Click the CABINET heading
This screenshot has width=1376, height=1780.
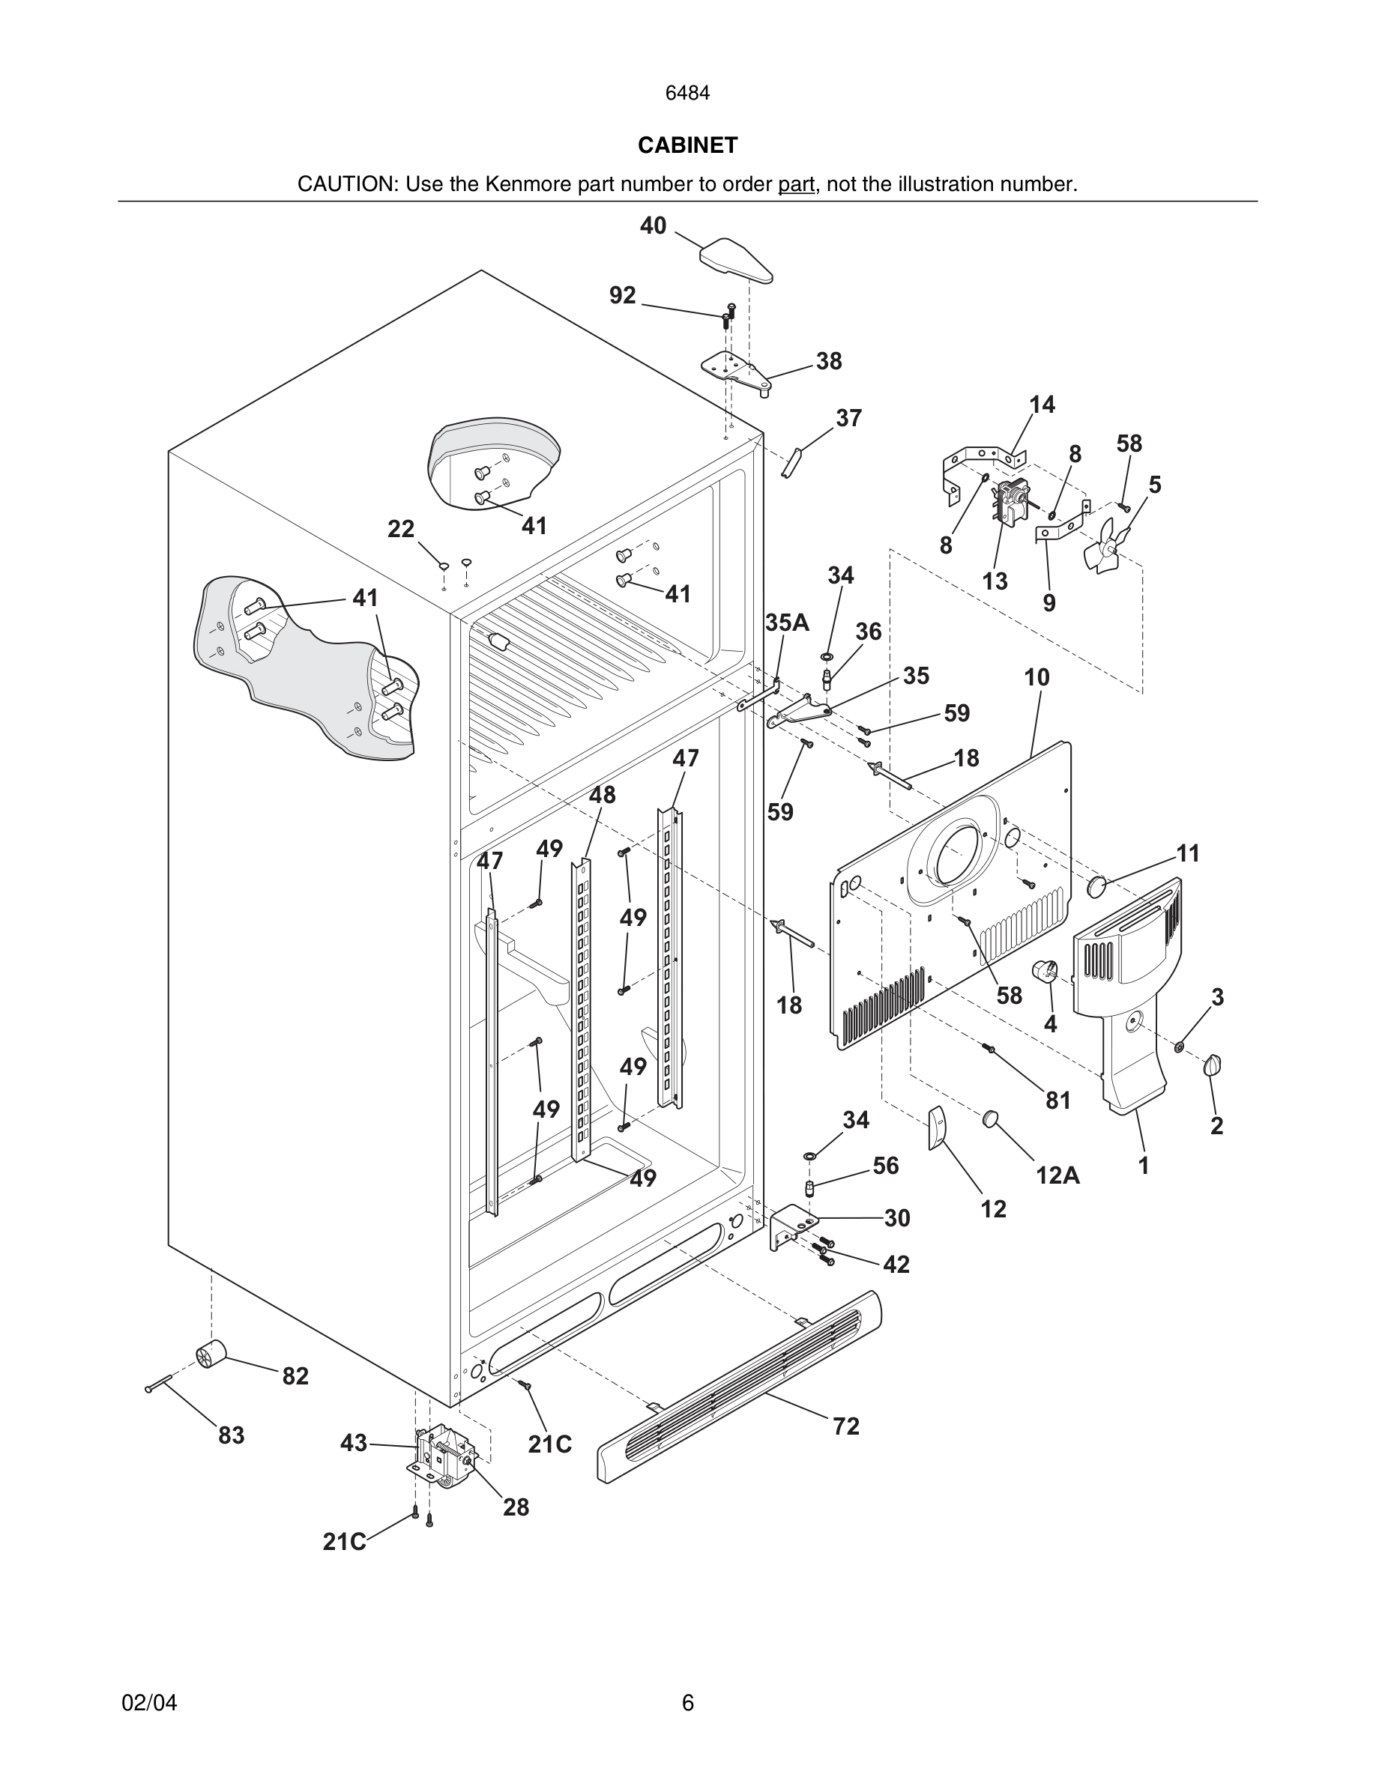click(687, 145)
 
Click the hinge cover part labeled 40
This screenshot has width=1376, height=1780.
click(735, 260)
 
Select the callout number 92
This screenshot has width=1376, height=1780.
click(623, 295)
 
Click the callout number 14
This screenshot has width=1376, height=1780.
click(1042, 405)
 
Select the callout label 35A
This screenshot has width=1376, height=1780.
click(787, 623)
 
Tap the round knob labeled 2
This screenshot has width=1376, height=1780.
click(1213, 1065)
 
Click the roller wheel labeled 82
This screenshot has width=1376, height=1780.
click(211, 1354)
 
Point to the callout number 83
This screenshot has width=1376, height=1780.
click(232, 1435)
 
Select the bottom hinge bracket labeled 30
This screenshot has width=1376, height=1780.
click(790, 1226)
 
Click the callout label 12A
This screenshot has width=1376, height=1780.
click(1057, 1175)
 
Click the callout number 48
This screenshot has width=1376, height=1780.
click(602, 795)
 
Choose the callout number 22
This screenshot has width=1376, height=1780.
click(400, 530)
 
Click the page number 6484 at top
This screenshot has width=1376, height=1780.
click(687, 94)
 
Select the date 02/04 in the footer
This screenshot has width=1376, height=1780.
click(149, 1703)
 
